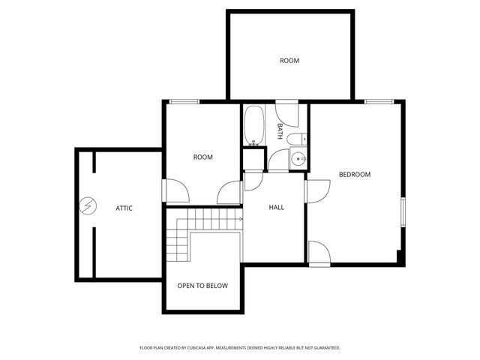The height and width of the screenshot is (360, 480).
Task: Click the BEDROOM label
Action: point(355,175)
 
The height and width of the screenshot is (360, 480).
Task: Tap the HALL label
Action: point(277,207)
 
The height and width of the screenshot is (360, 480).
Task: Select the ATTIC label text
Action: point(124,208)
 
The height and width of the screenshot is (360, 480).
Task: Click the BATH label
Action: point(280,131)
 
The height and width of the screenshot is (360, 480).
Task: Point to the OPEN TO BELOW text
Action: point(202,286)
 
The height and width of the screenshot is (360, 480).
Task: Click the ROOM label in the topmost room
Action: point(289,61)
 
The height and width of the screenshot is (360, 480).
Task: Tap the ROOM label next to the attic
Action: point(202,157)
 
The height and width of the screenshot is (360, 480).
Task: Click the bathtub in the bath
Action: point(253,125)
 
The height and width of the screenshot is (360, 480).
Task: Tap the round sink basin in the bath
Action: point(298,158)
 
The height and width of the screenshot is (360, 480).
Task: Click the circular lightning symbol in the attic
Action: point(88,206)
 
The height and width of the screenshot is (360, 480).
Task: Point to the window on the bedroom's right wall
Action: point(403,211)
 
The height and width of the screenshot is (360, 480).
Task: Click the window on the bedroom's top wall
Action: point(379,101)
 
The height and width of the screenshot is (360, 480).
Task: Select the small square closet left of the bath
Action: point(253,160)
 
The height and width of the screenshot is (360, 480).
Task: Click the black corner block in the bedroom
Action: point(400,257)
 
